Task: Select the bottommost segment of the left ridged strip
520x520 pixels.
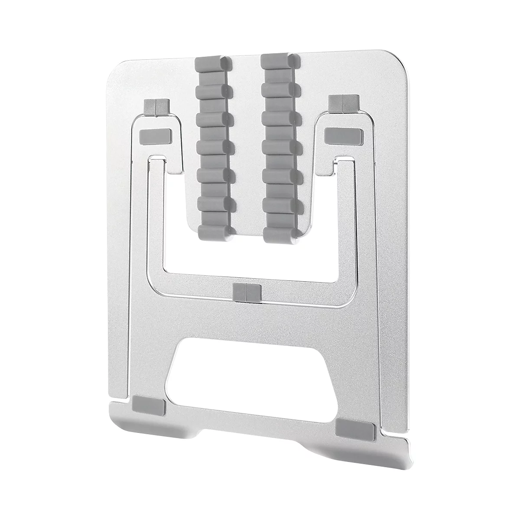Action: click(x=214, y=233)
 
